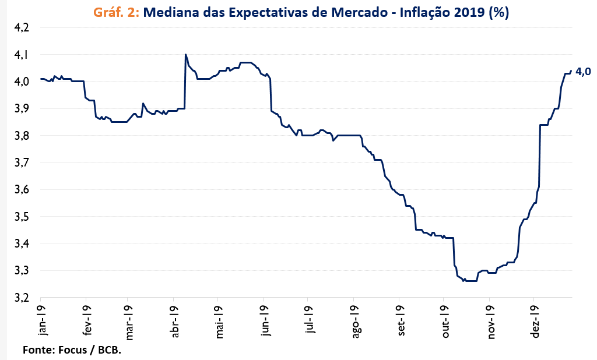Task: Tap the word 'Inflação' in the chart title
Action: (427, 13)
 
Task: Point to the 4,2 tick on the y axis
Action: (21, 28)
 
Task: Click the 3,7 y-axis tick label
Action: (21, 163)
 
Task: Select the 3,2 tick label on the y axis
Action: (21, 298)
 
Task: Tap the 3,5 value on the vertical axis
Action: (21, 217)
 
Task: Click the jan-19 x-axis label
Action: (40, 320)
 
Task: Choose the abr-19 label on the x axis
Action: (174, 322)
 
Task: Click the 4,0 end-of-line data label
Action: (583, 72)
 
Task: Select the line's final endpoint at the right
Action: (571, 71)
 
